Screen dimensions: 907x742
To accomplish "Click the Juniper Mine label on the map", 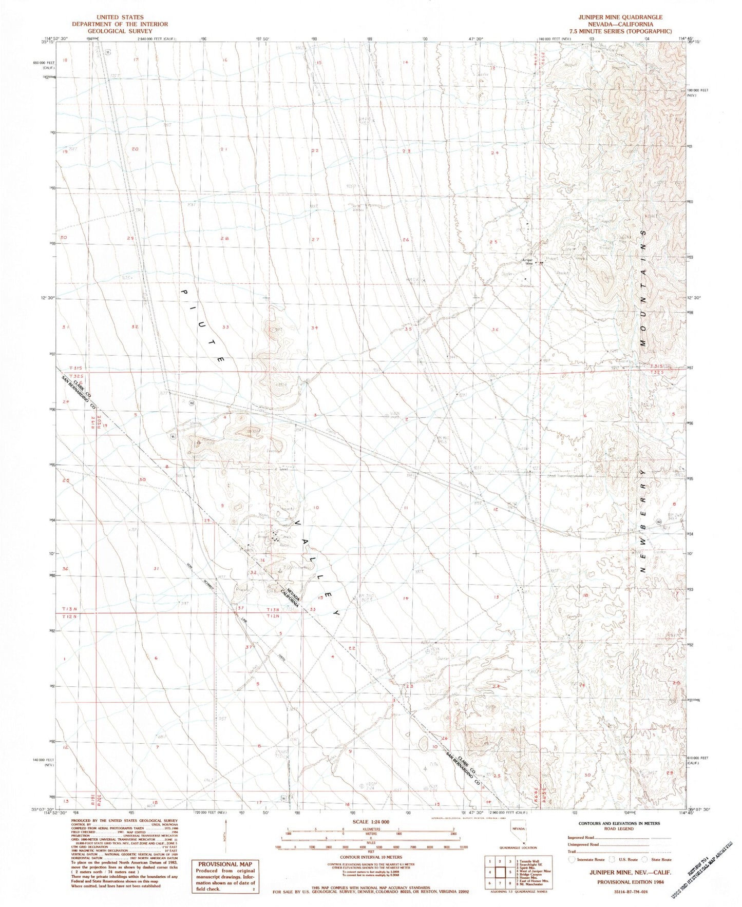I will [527, 261].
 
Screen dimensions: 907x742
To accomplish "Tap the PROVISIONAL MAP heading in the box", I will [224, 864].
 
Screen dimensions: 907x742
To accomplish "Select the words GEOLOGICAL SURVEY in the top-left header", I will [120, 31].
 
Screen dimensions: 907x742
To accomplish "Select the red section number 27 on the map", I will [315, 240].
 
